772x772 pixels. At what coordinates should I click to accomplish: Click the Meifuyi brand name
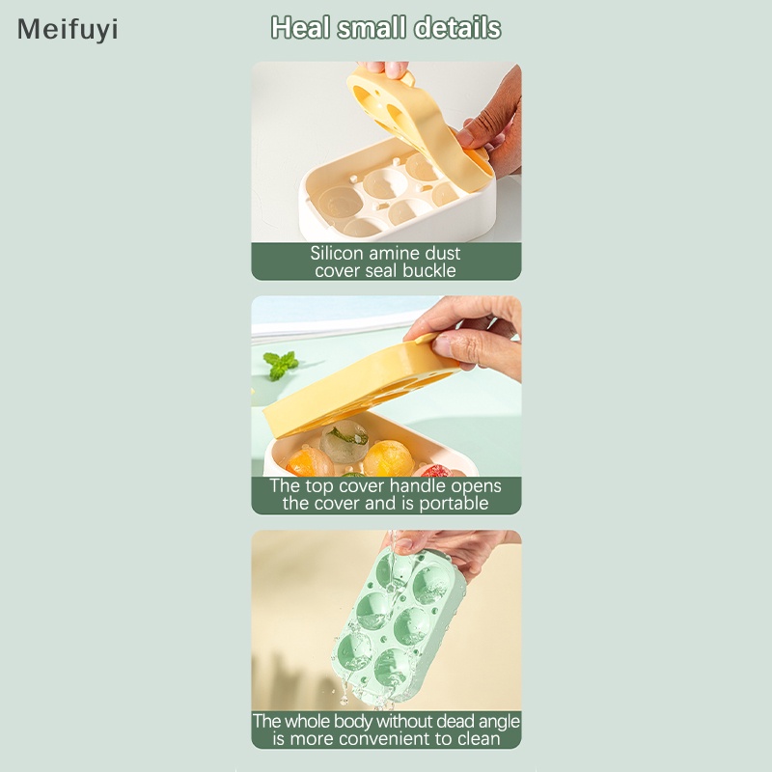[68, 30]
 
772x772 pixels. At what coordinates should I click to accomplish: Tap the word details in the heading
[457, 28]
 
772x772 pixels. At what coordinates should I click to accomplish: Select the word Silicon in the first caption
[337, 254]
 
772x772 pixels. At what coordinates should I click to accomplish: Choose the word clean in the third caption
[478, 739]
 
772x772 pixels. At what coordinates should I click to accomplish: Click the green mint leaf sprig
[280, 365]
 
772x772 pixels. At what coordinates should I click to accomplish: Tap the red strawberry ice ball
[436, 470]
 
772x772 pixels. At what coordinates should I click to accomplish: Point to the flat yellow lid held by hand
[357, 386]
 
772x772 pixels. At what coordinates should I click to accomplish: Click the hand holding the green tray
[454, 545]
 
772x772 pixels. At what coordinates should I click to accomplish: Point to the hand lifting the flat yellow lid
[473, 333]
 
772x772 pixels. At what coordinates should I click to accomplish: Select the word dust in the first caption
[441, 254]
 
